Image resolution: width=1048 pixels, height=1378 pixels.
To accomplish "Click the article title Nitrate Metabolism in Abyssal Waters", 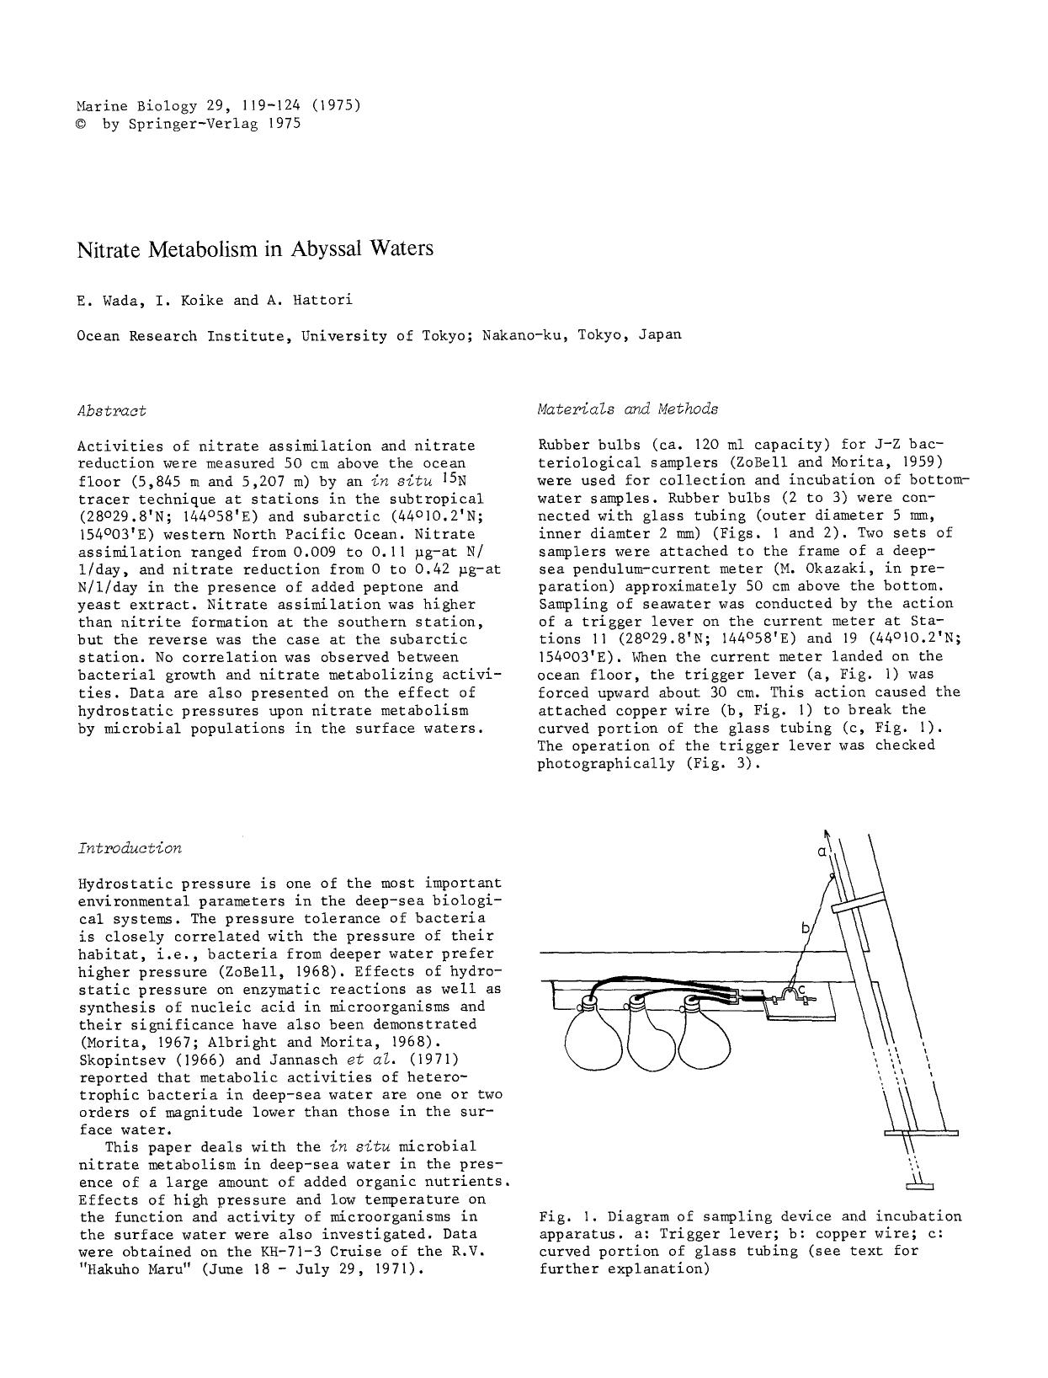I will (x=255, y=249).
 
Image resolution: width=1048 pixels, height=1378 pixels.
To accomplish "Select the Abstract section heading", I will (x=111, y=411).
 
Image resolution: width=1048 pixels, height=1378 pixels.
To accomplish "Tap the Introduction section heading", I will (x=129, y=848).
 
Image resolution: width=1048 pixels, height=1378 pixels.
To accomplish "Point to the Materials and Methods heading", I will (x=628, y=409).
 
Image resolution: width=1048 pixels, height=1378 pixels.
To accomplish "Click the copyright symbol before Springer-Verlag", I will (x=81, y=124).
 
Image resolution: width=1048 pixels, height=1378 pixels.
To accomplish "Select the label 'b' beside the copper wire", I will (x=805, y=928).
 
